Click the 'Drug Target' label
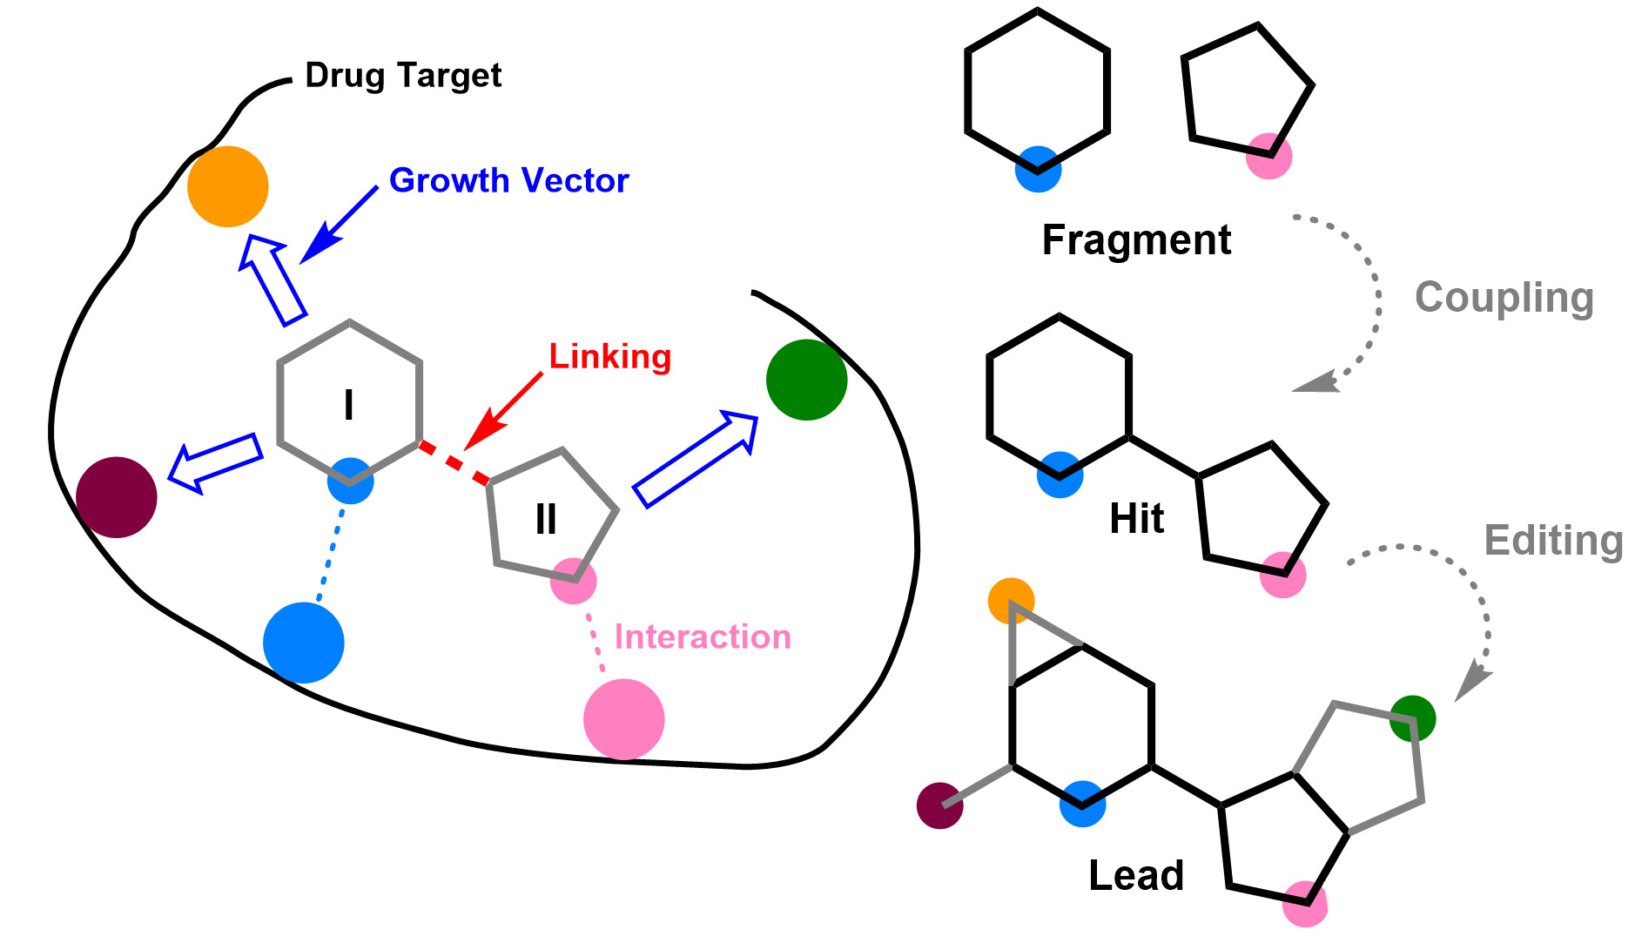[403, 76]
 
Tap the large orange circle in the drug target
[228, 186]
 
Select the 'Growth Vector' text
[508, 180]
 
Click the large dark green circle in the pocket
[806, 380]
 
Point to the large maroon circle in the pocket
[117, 497]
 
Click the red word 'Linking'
[609, 356]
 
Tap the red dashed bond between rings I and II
[454, 462]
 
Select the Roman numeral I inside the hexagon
[349, 405]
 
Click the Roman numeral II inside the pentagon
[546, 520]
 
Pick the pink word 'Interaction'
[703, 637]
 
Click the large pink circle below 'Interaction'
[623, 719]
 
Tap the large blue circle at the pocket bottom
[304, 643]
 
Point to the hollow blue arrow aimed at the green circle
[695, 460]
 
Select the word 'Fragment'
[1136, 239]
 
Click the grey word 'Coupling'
[1504, 298]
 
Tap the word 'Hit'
[1136, 519]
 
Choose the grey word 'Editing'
[1553, 541]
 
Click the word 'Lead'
[1136, 875]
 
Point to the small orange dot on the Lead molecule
[1011, 601]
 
